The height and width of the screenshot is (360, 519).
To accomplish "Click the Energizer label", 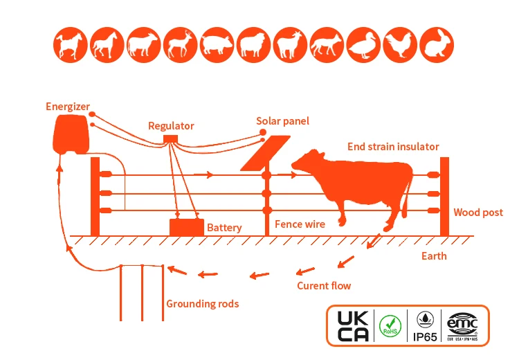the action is click(x=68, y=106).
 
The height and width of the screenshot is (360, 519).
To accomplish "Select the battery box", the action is click(x=187, y=227).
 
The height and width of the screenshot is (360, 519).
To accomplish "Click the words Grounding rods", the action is click(x=202, y=303).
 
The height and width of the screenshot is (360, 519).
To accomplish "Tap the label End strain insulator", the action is click(x=392, y=147).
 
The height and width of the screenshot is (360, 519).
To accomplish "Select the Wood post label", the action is click(x=478, y=213).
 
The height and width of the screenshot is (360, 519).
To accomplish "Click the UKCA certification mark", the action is click(x=354, y=325).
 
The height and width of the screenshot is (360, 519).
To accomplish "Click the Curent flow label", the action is click(x=323, y=286).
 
